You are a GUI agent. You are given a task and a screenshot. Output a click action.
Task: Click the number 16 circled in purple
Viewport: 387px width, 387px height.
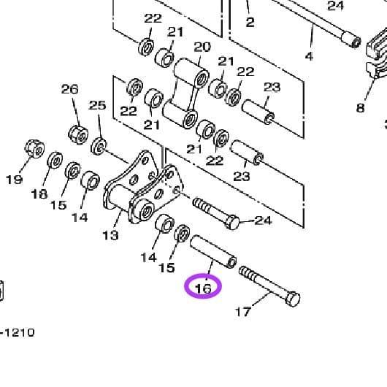tap(203, 288)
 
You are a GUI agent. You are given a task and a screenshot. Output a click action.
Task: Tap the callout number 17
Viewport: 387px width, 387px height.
tap(242, 312)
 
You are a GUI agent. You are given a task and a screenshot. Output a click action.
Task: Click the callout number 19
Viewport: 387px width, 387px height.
tap(14, 179)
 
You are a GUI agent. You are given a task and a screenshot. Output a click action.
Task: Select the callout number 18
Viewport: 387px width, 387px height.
tap(39, 195)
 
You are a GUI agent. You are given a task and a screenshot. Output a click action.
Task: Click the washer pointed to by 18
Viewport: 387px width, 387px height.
tap(55, 160)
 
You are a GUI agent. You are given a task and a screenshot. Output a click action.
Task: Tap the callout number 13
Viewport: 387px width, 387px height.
tap(110, 235)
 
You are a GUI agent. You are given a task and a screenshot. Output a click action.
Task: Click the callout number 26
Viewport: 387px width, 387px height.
tap(69, 89)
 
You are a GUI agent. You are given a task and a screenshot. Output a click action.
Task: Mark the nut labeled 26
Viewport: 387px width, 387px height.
tap(77, 134)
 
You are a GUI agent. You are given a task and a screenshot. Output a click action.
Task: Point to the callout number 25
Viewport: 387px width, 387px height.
tap(97, 105)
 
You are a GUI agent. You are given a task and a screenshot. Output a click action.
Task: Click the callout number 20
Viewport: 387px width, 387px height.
tap(202, 47)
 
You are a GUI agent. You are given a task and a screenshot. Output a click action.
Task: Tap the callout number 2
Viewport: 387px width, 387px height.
tap(250, 22)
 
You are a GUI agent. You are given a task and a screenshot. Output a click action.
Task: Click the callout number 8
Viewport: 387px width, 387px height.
tap(360, 108)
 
